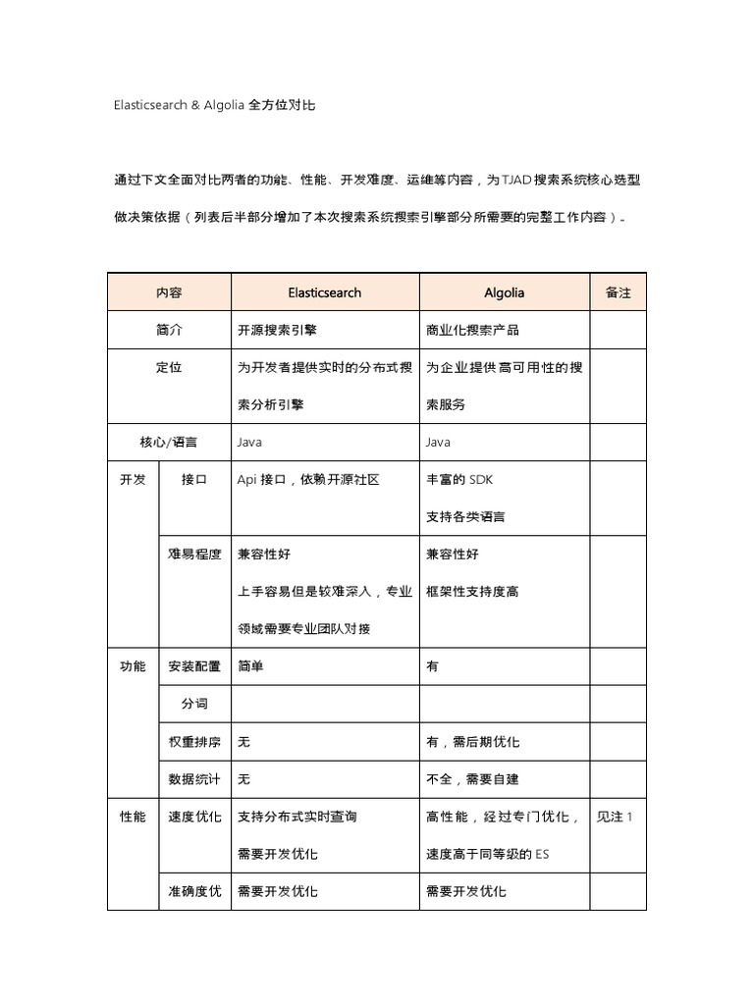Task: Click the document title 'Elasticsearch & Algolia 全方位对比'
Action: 214,104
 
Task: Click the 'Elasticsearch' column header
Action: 325,292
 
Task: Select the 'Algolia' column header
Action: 505,292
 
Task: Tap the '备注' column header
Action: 619,292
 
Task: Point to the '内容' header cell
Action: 169,292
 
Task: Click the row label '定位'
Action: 169,368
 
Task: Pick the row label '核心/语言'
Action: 169,443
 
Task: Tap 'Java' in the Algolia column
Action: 438,443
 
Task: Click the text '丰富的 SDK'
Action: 458,480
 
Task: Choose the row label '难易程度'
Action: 194,555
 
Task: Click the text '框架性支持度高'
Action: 472,592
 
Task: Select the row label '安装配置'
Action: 194,666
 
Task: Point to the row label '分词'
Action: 194,704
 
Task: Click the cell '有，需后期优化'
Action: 472,742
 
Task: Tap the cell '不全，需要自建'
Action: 472,779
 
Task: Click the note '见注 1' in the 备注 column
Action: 615,817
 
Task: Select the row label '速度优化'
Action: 194,817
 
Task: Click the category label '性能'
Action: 133,817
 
